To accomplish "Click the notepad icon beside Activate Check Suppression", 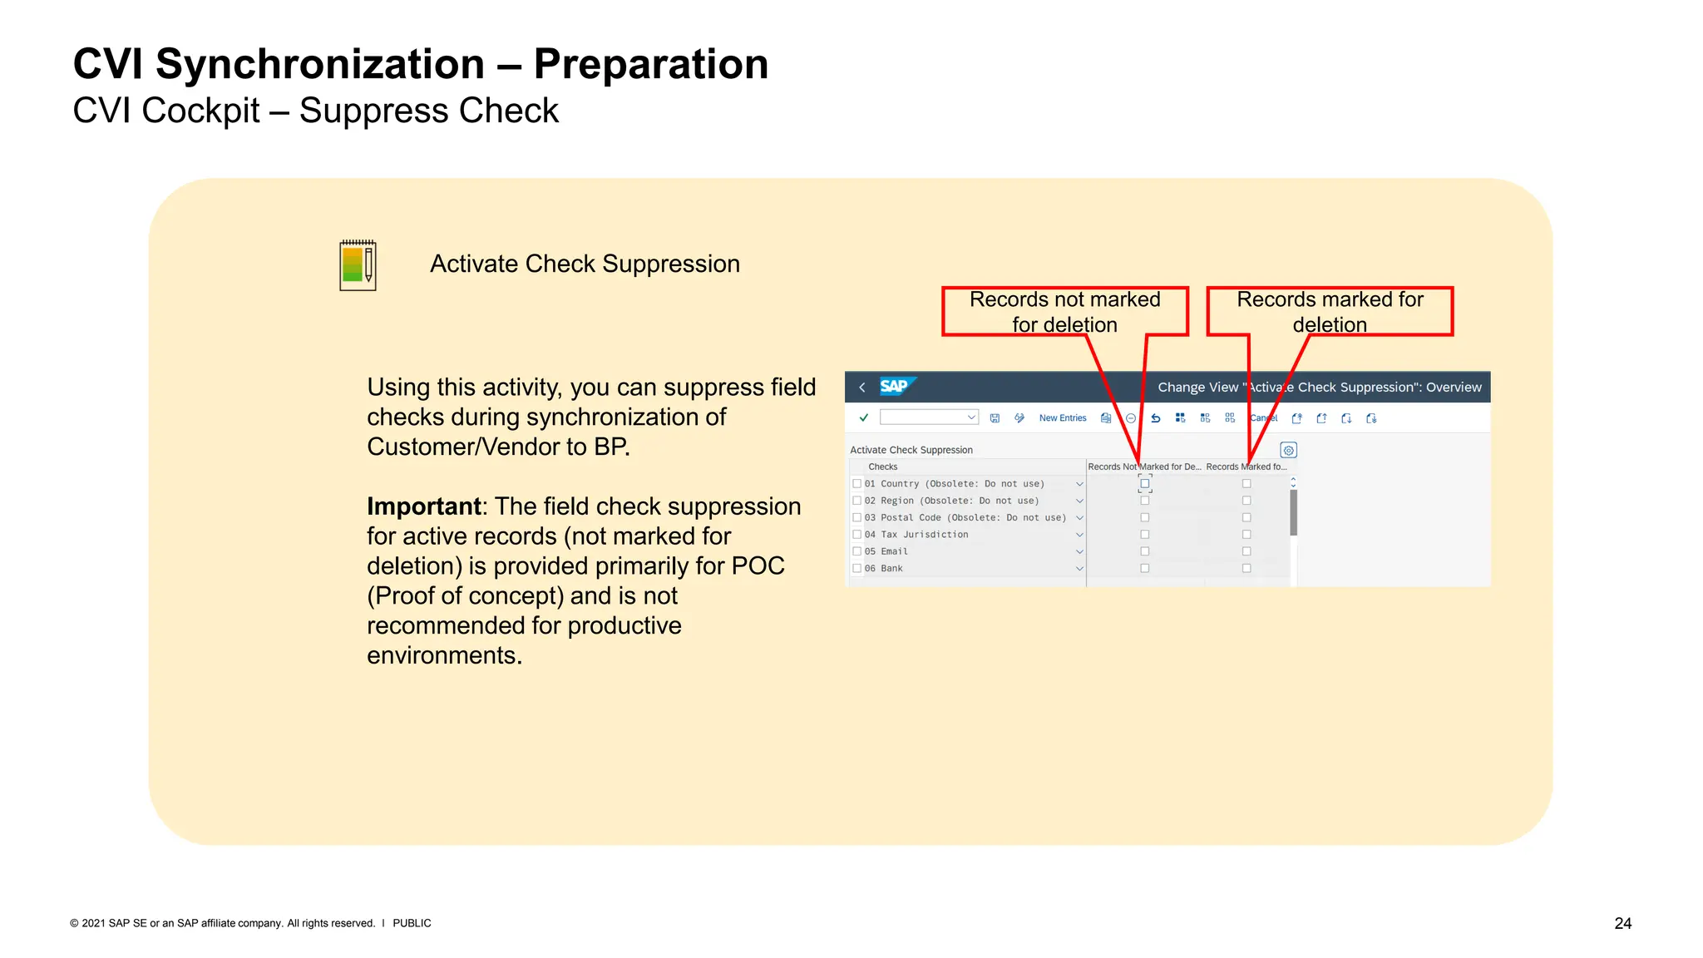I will [358, 265].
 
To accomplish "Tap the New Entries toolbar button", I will [1062, 418].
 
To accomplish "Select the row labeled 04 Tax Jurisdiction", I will [924, 535].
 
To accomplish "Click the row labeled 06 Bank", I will [891, 569].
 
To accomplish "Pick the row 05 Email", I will [894, 551].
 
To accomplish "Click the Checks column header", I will [882, 467].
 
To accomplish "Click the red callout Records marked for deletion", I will [1329, 311].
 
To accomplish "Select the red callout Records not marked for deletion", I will [1064, 311].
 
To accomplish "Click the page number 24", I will [1622, 923].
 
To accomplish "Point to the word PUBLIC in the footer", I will [412, 923].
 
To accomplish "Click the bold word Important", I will [424, 506].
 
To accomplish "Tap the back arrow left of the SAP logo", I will [862, 388].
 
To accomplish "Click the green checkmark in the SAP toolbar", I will [863, 418].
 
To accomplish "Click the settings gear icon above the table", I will [1288, 450].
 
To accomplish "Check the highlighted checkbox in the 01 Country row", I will [1145, 484].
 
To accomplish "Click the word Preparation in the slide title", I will [650, 64].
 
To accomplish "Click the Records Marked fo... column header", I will [1246, 467].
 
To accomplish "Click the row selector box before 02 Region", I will [856, 501].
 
